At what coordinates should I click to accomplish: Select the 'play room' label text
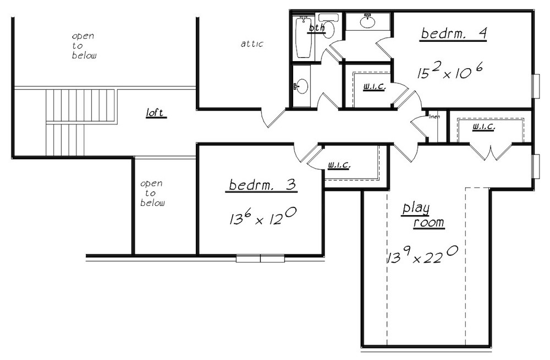(423, 216)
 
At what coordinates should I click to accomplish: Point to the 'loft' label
(155, 113)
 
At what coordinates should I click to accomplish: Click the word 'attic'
(252, 44)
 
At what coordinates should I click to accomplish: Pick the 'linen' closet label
(434, 117)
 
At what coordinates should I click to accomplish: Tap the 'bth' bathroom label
(317, 28)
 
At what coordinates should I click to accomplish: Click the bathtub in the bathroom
(303, 37)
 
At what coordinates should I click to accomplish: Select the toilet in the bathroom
(328, 25)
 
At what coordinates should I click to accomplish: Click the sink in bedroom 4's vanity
(367, 21)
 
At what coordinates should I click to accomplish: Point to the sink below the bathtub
(301, 86)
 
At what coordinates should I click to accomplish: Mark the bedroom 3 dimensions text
(263, 216)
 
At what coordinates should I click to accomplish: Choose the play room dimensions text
(422, 255)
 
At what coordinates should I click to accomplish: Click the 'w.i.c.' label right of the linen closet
(483, 126)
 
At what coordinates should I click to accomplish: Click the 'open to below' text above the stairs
(84, 46)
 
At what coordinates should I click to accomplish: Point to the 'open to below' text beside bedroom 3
(152, 193)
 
